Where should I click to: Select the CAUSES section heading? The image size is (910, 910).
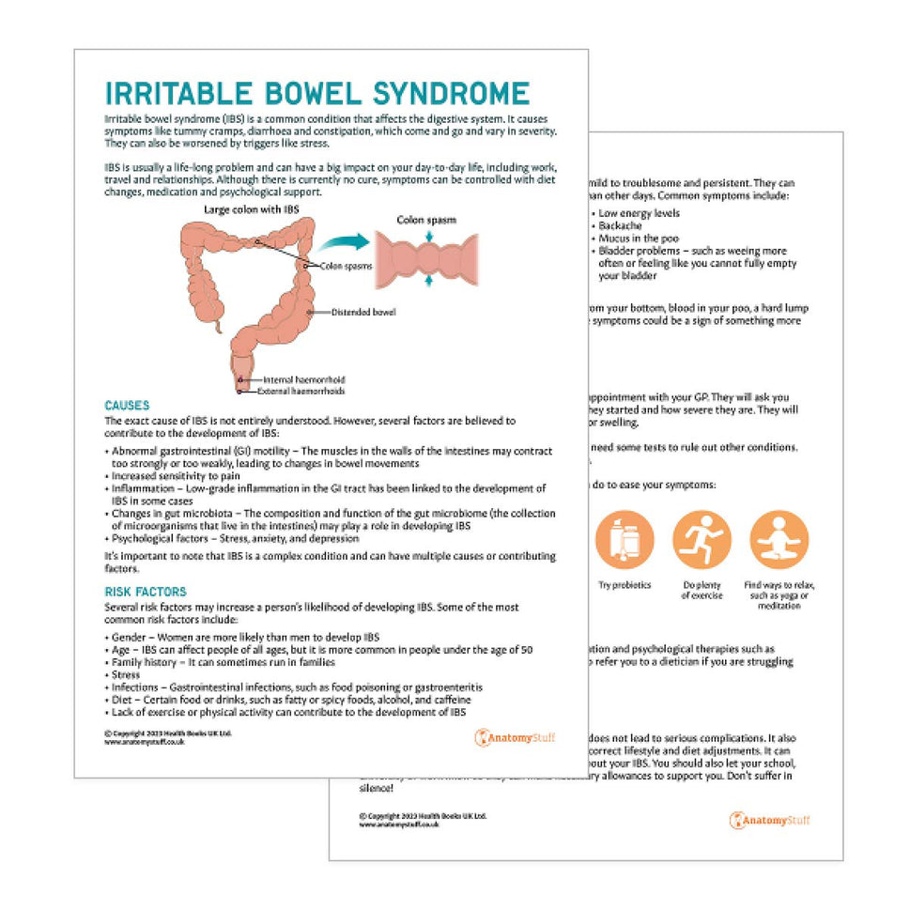pyautogui.click(x=127, y=406)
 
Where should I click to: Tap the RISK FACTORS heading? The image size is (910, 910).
pyautogui.click(x=146, y=592)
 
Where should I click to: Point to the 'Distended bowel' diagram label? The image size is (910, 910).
pyautogui.click(x=363, y=312)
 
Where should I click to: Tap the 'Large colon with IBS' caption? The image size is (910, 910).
pyautogui.click(x=252, y=209)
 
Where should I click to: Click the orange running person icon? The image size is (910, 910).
pyautogui.click(x=702, y=539)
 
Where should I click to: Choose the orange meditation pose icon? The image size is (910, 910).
pyautogui.click(x=779, y=539)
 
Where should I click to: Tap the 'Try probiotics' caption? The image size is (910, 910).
pyautogui.click(x=624, y=585)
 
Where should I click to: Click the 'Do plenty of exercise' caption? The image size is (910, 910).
pyautogui.click(x=702, y=591)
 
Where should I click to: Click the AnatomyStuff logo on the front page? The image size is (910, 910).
pyautogui.click(x=515, y=737)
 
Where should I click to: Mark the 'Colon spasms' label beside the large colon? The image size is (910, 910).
pyautogui.click(x=346, y=266)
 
